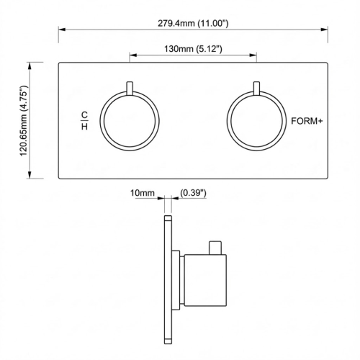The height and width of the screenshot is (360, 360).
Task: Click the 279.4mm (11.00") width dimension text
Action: click(192, 24)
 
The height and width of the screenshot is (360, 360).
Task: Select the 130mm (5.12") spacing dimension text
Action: click(193, 49)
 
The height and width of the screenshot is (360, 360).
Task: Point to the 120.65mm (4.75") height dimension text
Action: click(24, 120)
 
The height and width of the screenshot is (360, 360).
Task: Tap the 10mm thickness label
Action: click(142, 193)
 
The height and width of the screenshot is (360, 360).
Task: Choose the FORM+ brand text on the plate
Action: click(307, 121)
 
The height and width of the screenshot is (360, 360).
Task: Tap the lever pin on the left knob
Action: click(129, 89)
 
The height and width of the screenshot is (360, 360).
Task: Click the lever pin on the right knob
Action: click(257, 89)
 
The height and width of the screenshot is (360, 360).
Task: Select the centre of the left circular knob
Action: click(129, 121)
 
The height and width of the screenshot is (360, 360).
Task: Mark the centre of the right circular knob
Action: click(257, 121)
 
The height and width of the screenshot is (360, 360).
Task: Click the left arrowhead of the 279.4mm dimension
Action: click(61, 30)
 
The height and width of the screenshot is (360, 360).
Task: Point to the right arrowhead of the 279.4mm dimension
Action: click(326, 30)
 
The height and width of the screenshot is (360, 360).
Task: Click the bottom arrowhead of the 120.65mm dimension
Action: click(30, 176)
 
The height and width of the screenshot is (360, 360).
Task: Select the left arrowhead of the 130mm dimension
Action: click(132, 55)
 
